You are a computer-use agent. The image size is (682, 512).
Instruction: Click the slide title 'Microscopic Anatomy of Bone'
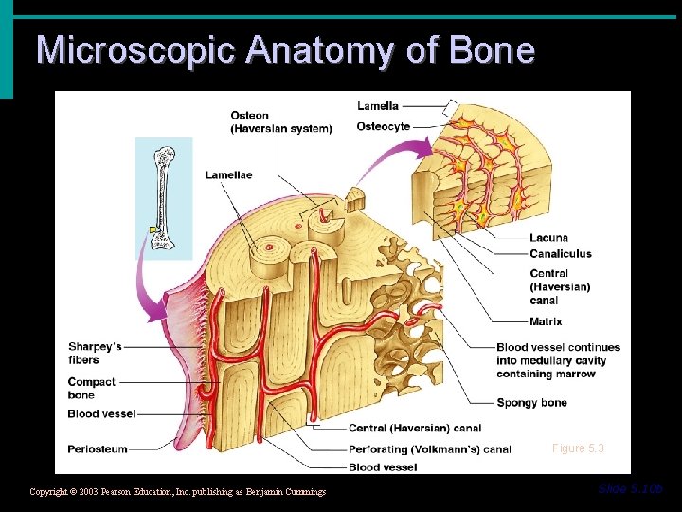[x=285, y=49]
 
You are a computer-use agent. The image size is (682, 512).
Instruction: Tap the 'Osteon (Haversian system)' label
[x=281, y=122]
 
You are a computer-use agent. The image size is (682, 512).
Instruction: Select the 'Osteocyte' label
[x=384, y=127]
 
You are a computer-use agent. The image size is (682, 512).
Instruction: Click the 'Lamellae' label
[x=228, y=175]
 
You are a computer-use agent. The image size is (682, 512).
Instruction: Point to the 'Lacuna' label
[x=549, y=238]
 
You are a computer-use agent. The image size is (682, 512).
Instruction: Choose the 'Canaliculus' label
[x=561, y=254]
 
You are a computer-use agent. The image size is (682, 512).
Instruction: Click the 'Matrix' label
[x=546, y=322]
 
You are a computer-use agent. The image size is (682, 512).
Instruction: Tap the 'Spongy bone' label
[x=531, y=403]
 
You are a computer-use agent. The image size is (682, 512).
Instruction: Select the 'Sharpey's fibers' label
[x=95, y=354]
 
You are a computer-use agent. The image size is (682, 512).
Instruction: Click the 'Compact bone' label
[x=92, y=388]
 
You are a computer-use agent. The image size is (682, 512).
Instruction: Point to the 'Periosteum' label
[x=98, y=448]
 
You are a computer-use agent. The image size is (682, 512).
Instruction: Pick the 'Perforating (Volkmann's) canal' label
[x=429, y=449]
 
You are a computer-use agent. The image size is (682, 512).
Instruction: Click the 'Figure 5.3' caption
[x=578, y=448]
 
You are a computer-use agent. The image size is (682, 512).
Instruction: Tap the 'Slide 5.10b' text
[x=630, y=489]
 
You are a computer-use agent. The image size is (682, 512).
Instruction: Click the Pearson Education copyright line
[x=178, y=492]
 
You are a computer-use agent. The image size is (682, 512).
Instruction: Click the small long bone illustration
[x=163, y=198]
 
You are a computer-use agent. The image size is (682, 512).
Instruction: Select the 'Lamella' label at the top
[x=378, y=106]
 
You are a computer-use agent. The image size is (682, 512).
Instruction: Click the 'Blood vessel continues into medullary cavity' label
[x=558, y=360]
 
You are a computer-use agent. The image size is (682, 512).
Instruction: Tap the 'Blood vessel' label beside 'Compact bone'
[x=101, y=414]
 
